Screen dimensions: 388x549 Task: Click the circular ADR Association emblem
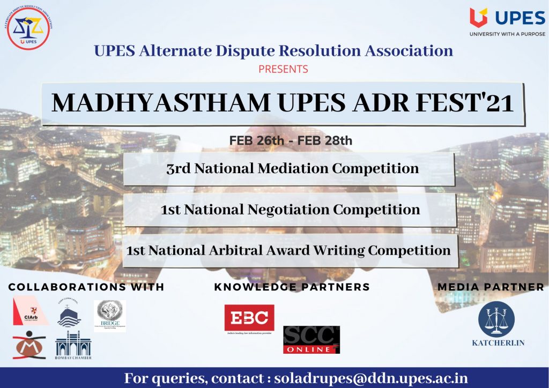(28, 28)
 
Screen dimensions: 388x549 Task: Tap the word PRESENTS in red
(283, 69)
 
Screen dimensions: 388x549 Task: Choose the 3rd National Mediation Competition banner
(290, 168)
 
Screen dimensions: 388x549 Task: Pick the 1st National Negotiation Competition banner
(290, 210)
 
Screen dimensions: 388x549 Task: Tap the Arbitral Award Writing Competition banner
(290, 250)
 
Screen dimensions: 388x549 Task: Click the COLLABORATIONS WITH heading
(86, 287)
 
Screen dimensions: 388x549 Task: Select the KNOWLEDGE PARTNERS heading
(292, 287)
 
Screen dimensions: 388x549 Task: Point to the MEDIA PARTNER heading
(491, 287)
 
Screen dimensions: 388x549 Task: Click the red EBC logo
(249, 318)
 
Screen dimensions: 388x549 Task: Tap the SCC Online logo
(311, 339)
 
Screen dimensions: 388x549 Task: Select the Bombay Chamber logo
(73, 346)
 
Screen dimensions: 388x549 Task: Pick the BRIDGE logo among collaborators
(110, 316)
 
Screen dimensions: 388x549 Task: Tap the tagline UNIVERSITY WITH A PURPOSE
(507, 34)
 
